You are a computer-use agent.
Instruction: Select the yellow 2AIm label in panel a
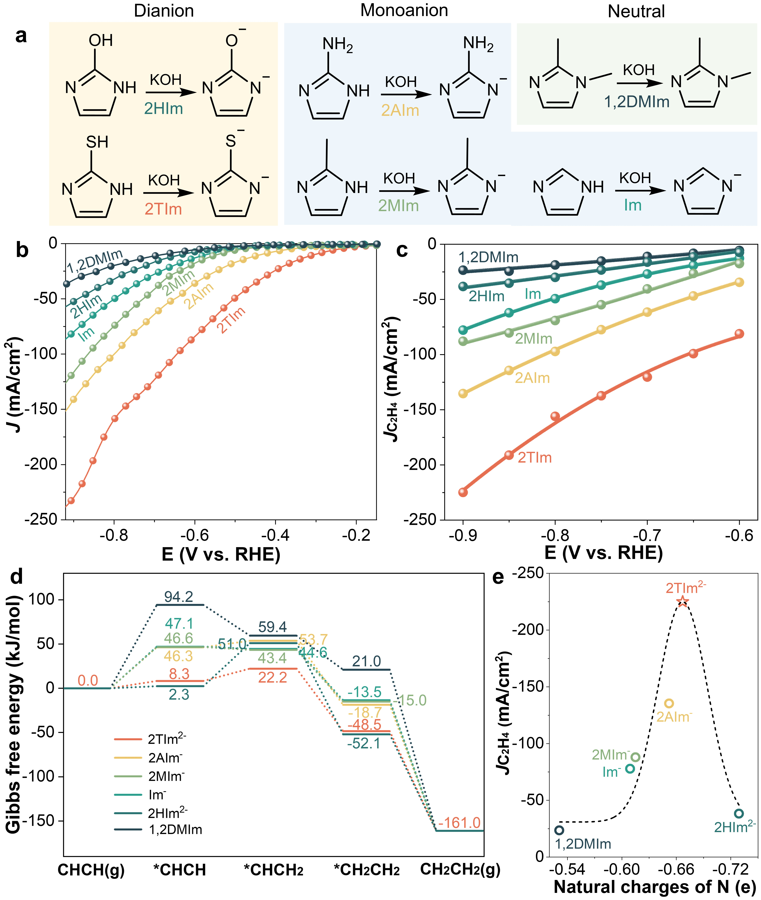tap(400, 110)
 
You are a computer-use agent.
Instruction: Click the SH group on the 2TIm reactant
tap(97, 142)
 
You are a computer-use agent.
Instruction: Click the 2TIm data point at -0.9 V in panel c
tap(463, 492)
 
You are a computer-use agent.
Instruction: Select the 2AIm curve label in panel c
tap(532, 378)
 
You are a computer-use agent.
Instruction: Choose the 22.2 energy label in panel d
tap(273, 677)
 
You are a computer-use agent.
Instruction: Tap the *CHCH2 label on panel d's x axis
tap(273, 870)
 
